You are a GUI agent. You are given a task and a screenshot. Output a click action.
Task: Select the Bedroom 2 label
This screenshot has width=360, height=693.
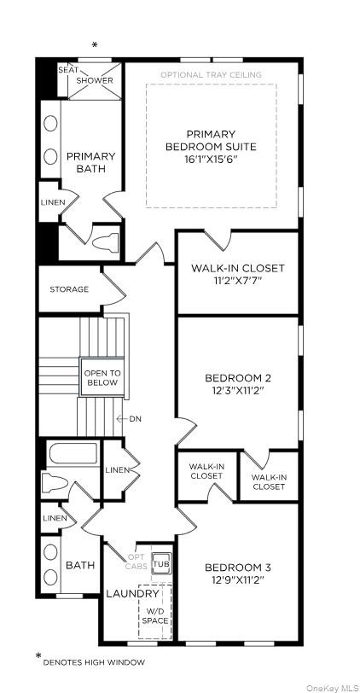[x=238, y=377]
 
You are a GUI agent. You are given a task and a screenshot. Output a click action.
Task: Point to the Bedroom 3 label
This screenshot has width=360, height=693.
[x=237, y=568]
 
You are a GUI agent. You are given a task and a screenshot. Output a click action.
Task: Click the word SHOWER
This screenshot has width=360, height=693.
[x=94, y=80]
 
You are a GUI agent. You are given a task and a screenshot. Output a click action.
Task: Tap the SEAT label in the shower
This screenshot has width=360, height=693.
[x=67, y=69]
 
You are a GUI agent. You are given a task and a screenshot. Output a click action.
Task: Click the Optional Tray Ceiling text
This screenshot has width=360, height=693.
[x=211, y=75]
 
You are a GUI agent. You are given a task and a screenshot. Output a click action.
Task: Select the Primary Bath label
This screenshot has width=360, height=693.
[x=90, y=162]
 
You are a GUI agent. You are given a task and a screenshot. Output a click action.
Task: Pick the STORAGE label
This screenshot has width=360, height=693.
[x=69, y=289]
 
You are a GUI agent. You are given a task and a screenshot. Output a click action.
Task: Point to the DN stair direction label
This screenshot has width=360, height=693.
[x=134, y=419]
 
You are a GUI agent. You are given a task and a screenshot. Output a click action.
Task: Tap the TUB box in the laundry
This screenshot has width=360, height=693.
[x=160, y=564]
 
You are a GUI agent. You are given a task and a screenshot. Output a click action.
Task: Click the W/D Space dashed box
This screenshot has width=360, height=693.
[x=155, y=611]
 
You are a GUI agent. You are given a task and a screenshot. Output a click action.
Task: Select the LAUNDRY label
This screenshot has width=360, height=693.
[x=132, y=593]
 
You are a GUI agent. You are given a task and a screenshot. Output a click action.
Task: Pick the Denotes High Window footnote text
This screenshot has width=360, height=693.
[x=94, y=661]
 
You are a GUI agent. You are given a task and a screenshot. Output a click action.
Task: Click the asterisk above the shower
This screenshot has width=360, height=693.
[x=95, y=45]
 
